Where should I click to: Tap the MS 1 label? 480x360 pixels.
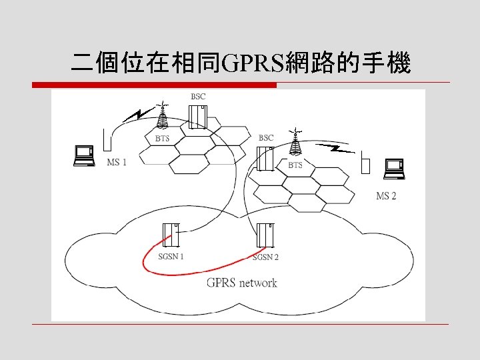117,162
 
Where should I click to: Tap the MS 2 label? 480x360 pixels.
386,195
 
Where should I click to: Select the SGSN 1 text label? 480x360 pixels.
171,256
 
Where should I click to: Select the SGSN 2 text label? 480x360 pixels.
266,257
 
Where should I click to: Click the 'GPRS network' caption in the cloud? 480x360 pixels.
241,283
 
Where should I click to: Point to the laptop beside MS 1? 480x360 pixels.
85,155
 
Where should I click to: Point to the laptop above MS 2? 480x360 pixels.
393,169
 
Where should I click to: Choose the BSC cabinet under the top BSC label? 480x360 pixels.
199,115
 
